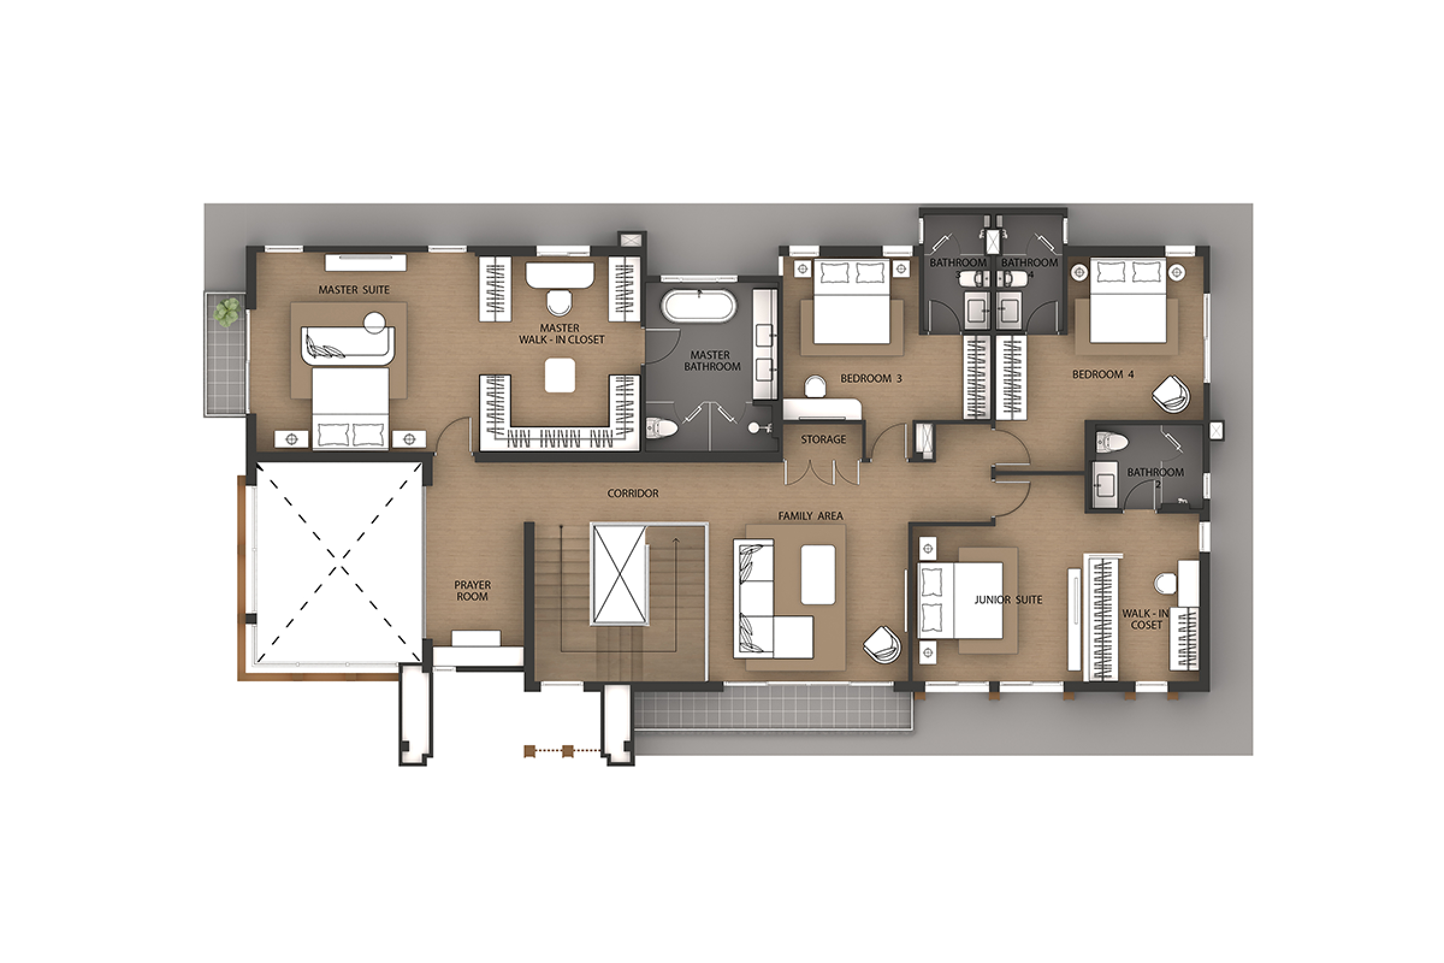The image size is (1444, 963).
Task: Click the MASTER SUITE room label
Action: point(354,290)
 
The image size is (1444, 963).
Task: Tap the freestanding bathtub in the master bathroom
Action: point(698,305)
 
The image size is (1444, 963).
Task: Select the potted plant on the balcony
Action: point(226,311)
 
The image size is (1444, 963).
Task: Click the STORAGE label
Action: point(823,439)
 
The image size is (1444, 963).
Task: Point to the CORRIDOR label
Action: point(632,493)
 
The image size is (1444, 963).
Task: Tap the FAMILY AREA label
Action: point(810,516)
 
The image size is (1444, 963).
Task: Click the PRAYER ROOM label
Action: point(472,590)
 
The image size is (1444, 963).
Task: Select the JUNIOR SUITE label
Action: point(1008,599)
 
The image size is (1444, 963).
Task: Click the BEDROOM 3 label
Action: point(871,379)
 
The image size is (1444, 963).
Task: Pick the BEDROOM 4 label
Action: point(1103,374)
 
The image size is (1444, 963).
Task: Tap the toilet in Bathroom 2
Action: point(1112,441)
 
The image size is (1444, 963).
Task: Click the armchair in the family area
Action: point(881,645)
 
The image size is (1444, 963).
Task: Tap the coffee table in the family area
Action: point(818,575)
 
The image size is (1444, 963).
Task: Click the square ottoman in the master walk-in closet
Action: point(560,375)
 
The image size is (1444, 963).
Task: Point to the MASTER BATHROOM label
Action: point(712,361)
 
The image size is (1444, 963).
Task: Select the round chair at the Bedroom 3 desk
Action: point(815,386)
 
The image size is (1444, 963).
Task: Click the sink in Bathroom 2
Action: point(1105,486)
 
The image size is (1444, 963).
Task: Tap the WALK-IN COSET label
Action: point(1146,619)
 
